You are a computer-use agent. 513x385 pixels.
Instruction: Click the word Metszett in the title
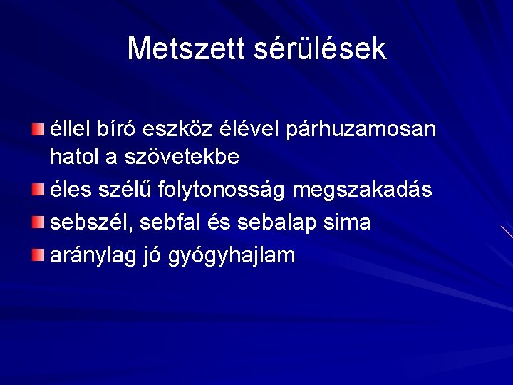point(186,48)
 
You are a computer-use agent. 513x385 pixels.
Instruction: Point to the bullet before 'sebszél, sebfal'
point(38,222)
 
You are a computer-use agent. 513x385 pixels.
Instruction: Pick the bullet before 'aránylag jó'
point(38,255)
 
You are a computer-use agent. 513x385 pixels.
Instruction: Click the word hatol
point(70,157)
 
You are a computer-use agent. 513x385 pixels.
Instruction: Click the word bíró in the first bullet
point(114,130)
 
